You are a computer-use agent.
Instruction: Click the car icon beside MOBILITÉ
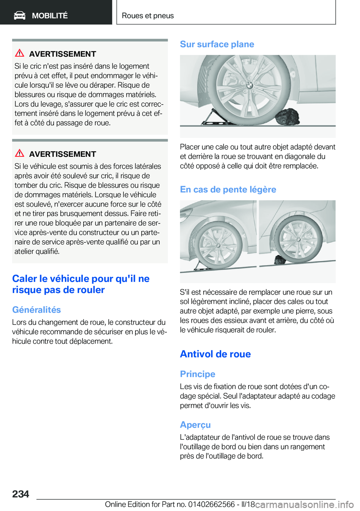(19, 15)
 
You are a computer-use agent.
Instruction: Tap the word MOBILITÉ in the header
(49, 16)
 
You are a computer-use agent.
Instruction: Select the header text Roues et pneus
(148, 16)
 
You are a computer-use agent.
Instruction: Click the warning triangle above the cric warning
(19, 53)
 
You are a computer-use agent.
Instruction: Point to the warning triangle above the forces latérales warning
(19, 153)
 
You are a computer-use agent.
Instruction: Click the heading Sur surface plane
(217, 44)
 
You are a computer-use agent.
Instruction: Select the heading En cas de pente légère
(228, 189)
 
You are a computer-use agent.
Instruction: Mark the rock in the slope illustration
(279, 259)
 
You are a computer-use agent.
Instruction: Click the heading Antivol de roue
(215, 354)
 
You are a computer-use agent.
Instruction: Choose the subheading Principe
(198, 374)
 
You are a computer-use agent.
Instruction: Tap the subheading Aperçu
(195, 425)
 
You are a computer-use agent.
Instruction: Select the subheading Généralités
(36, 310)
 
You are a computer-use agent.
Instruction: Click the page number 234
(21, 494)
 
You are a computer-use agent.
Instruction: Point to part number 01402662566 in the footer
(211, 504)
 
